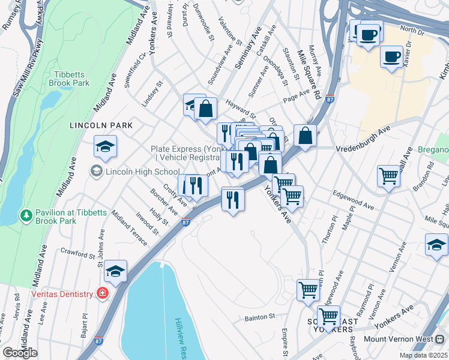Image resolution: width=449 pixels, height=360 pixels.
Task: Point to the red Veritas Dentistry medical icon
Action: click(x=103, y=294)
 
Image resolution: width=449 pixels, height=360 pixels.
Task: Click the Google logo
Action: click(x=20, y=353)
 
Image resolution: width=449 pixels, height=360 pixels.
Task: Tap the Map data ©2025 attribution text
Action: click(x=424, y=355)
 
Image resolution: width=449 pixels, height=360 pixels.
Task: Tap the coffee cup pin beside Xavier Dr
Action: click(x=392, y=57)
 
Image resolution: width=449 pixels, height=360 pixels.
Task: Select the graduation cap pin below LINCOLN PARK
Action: click(x=105, y=147)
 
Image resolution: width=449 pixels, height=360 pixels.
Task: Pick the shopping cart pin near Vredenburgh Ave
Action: click(x=388, y=176)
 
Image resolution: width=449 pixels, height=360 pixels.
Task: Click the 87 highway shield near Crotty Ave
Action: click(x=185, y=223)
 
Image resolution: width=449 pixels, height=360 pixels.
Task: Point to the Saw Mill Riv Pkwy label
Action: click(x=27, y=69)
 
